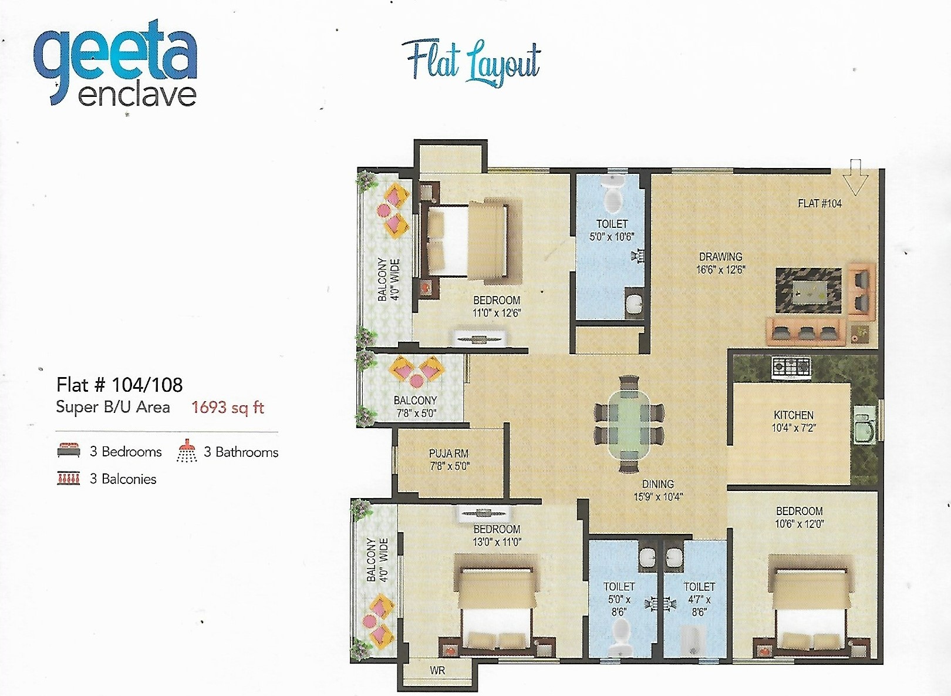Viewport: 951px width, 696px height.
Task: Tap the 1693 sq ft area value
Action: pyautogui.click(x=228, y=407)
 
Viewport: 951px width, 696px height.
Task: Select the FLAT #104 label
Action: pyautogui.click(x=820, y=203)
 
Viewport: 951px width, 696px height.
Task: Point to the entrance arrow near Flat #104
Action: pyautogui.click(x=855, y=177)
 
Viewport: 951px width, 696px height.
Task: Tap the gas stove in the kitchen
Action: pyautogui.click(x=791, y=367)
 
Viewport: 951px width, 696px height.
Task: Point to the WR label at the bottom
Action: pyautogui.click(x=437, y=670)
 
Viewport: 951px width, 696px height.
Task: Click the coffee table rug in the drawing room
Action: pyautogui.click(x=808, y=291)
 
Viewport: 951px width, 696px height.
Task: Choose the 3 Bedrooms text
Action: pyautogui.click(x=126, y=452)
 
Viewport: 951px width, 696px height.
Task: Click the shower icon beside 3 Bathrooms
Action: pyautogui.click(x=187, y=451)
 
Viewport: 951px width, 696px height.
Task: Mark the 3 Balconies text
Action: pyautogui.click(x=123, y=479)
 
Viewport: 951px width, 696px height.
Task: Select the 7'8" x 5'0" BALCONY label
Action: pyautogui.click(x=416, y=406)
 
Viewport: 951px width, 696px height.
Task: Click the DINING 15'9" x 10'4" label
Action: pyautogui.click(x=657, y=490)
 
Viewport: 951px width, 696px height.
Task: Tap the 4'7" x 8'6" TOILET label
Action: pyautogui.click(x=699, y=599)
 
